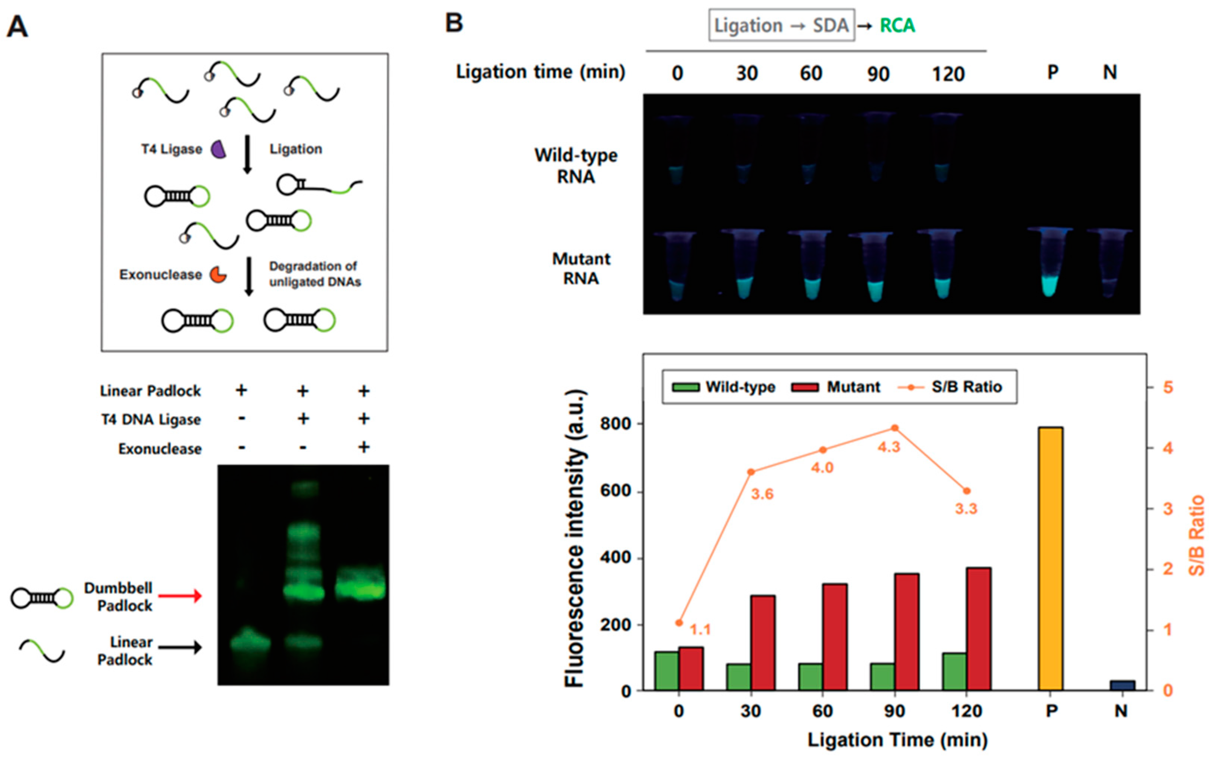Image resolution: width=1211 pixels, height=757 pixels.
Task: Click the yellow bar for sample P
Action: click(x=1050, y=558)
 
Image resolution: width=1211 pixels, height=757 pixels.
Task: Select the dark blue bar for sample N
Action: click(x=1122, y=685)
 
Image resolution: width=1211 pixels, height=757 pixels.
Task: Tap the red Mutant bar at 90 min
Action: click(x=906, y=632)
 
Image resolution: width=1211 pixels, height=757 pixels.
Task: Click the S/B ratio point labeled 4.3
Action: click(x=894, y=428)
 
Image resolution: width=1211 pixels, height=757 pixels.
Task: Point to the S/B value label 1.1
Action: click(x=700, y=629)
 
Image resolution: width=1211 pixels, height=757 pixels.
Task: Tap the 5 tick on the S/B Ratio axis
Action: click(x=1168, y=387)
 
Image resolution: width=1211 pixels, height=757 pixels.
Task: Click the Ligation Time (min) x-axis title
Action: click(x=897, y=740)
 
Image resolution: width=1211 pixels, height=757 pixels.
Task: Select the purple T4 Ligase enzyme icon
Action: click(x=218, y=149)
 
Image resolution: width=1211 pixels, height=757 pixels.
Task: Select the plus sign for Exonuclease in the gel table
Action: click(x=364, y=447)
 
